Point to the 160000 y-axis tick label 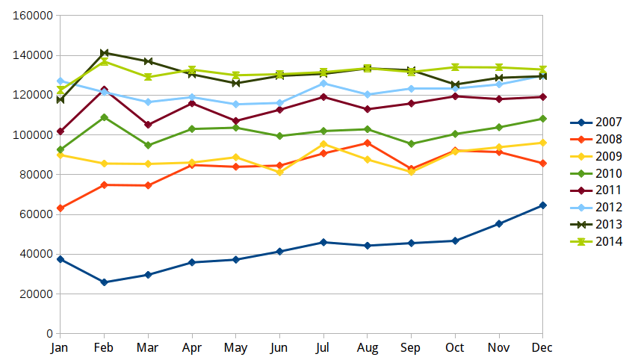(33, 16)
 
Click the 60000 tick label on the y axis (36, 214)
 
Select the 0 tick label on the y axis (49, 333)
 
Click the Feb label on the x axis (104, 348)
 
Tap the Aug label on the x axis (367, 348)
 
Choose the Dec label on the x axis (542, 348)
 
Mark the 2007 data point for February (104, 282)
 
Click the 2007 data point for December (542, 205)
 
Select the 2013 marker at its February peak (104, 53)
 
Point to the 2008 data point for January (60, 208)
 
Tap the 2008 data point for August (367, 143)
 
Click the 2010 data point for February (104, 117)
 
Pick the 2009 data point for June (279, 172)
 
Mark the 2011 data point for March (148, 125)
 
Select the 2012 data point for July (323, 84)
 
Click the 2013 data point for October (455, 84)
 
